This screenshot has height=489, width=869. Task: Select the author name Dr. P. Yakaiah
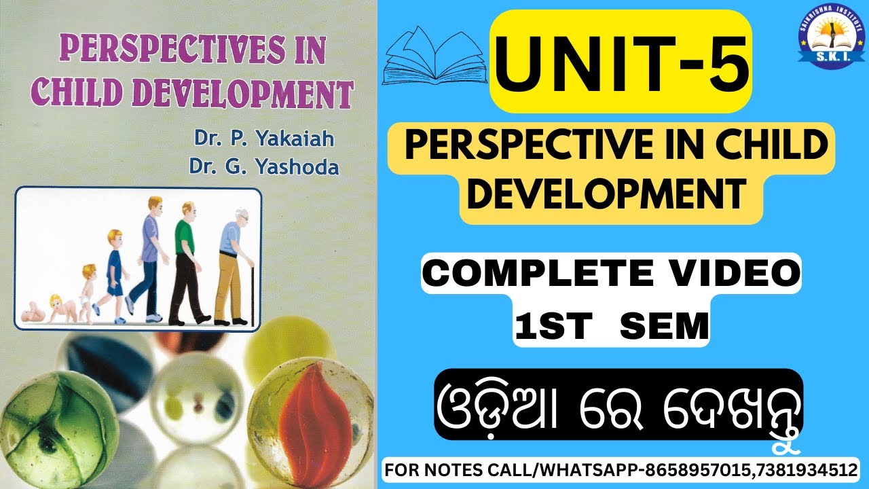(x=264, y=140)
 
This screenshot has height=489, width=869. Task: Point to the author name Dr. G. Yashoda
(x=265, y=166)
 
